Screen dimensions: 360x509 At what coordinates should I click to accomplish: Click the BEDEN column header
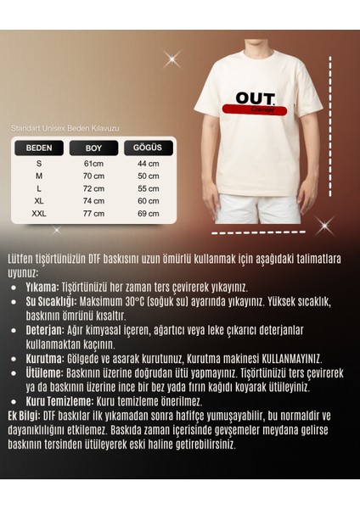pyautogui.click(x=39, y=147)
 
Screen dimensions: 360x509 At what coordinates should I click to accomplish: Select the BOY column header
pyautogui.click(x=93, y=147)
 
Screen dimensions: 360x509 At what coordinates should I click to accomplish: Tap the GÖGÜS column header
pyautogui.click(x=148, y=147)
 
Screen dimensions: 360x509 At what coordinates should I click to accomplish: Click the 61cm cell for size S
pyautogui.click(x=93, y=163)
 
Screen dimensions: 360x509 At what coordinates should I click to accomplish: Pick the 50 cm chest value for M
pyautogui.click(x=149, y=176)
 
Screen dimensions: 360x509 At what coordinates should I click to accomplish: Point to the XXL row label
pyautogui.click(x=39, y=214)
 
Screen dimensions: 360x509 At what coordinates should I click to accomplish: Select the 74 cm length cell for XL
pyautogui.click(x=93, y=201)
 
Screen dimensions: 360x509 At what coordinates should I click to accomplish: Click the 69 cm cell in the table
pyautogui.click(x=149, y=214)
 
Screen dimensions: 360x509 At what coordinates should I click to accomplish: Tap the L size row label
pyautogui.click(x=39, y=188)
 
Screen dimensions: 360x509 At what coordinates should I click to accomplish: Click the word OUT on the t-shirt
pyautogui.click(x=256, y=98)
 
